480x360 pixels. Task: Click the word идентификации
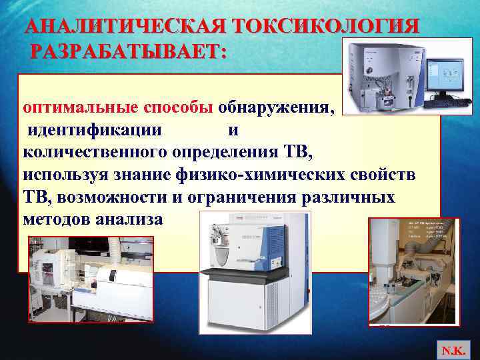point(94,130)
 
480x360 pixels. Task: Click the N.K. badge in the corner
point(456,347)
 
